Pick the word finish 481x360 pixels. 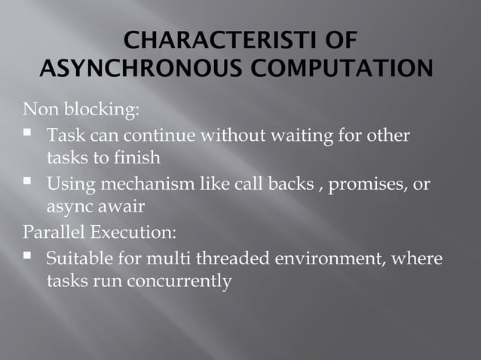[x=137, y=159]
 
